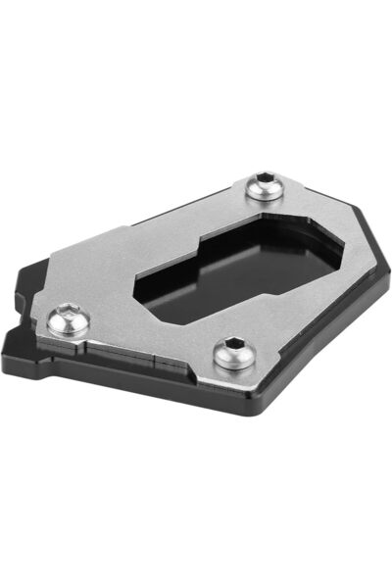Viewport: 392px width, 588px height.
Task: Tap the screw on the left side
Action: point(71,318)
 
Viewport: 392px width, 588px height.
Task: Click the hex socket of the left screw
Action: point(68,316)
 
